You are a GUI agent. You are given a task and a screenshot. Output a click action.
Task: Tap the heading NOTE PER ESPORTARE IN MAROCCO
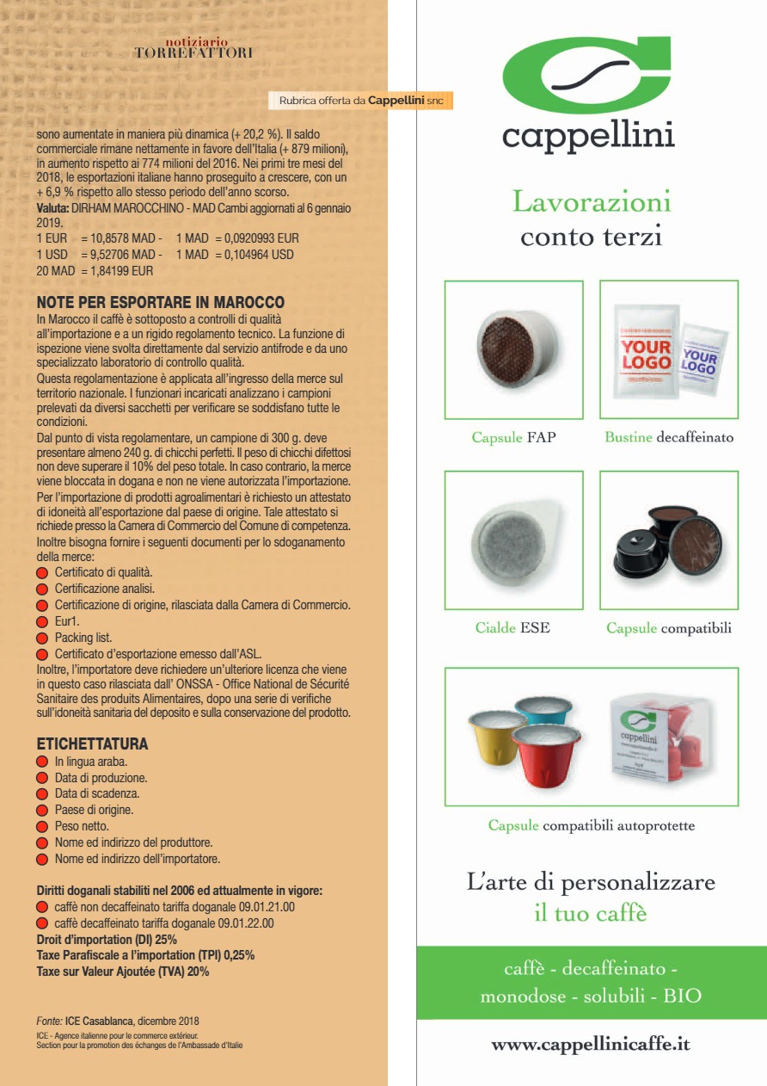[x=161, y=303]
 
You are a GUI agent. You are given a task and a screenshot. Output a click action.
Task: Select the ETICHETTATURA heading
[x=92, y=744]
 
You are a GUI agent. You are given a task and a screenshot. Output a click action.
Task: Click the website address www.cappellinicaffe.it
[x=590, y=1045]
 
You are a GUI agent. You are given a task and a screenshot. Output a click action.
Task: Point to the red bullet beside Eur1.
[x=42, y=621]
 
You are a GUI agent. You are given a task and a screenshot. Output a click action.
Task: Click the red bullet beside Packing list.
[x=42, y=638]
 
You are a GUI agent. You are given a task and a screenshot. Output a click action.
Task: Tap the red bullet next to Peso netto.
[x=42, y=826]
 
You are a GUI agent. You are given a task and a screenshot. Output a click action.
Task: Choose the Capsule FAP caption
[x=513, y=437]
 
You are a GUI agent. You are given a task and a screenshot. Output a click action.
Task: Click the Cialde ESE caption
[x=512, y=628]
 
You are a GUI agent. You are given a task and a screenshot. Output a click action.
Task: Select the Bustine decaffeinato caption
[x=669, y=437]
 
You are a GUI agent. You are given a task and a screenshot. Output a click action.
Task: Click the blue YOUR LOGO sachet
[x=698, y=365]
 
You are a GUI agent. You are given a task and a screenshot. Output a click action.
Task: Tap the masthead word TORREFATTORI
[x=193, y=53]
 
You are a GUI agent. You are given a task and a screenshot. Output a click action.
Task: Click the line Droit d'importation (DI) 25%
[x=107, y=939]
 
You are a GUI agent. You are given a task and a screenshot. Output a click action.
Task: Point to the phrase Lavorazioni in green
[x=592, y=202]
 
